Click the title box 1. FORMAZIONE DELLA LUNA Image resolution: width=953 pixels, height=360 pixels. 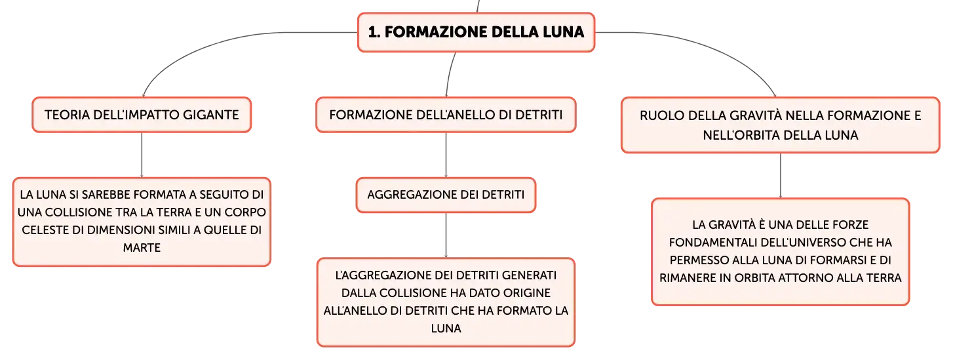click(476, 32)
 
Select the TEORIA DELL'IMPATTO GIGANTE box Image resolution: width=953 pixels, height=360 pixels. click(142, 115)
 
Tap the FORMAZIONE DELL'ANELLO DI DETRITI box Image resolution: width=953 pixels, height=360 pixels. click(446, 115)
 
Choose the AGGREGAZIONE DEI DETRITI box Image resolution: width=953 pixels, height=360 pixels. click(446, 195)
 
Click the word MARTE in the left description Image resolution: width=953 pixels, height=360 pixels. click(142, 248)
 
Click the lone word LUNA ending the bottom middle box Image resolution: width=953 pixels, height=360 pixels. click(446, 329)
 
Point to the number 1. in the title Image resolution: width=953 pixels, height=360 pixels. click(374, 32)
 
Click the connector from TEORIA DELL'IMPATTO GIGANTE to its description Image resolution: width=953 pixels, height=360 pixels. click(142, 155)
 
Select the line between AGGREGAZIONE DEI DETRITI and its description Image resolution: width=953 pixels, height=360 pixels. click(446, 235)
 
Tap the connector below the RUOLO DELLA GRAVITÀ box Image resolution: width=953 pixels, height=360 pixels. click(780, 175)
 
